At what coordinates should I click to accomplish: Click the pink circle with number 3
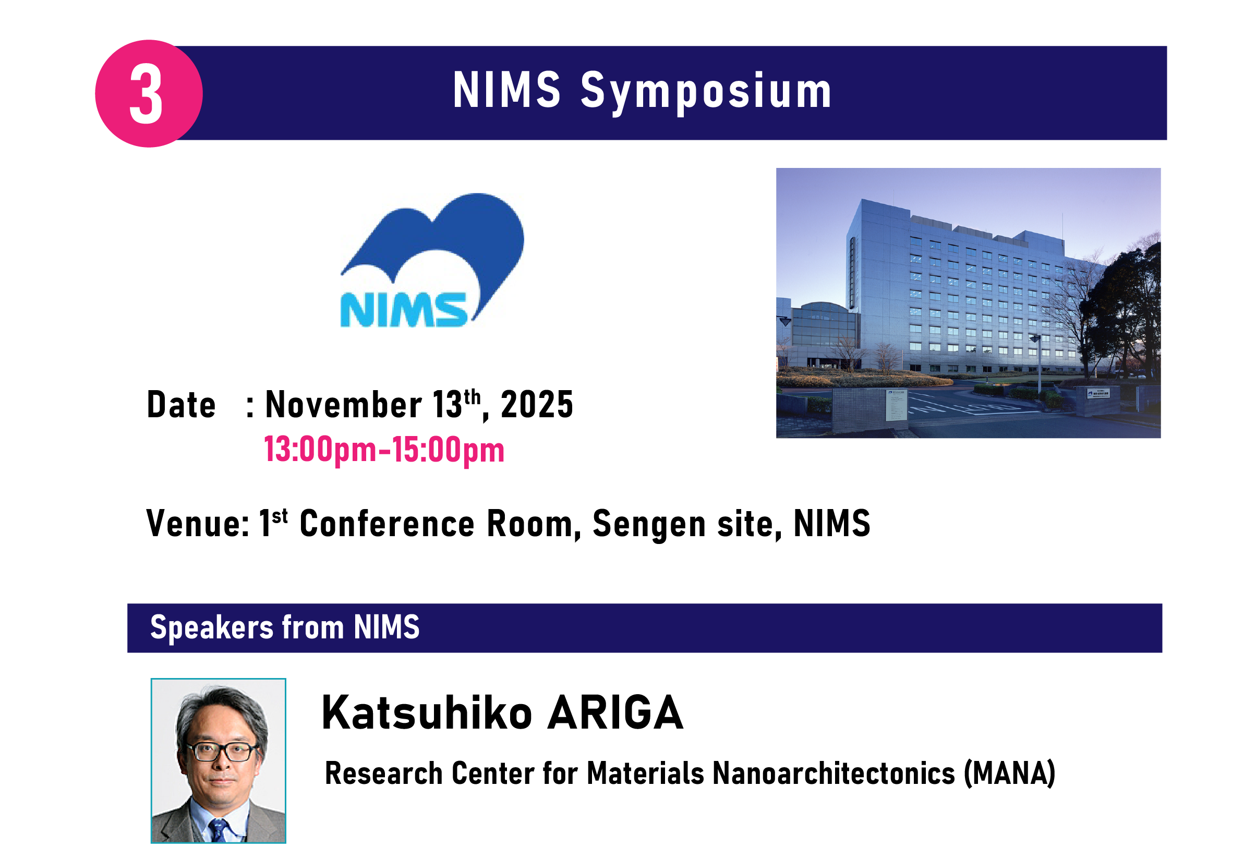pos(149,93)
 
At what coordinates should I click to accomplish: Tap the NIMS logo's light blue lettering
pos(403,310)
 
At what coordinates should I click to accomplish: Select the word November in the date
pos(343,404)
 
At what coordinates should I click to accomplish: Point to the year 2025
pos(537,405)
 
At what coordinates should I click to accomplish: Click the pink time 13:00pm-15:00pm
pos(384,450)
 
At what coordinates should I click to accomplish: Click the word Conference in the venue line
pos(387,524)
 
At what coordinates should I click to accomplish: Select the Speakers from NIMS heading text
pos(285,627)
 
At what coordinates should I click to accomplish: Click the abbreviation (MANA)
pos(1009,773)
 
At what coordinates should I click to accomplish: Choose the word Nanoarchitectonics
pos(834,773)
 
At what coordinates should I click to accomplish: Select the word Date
pos(181,405)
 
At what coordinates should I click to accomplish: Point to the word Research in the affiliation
pos(383,773)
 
